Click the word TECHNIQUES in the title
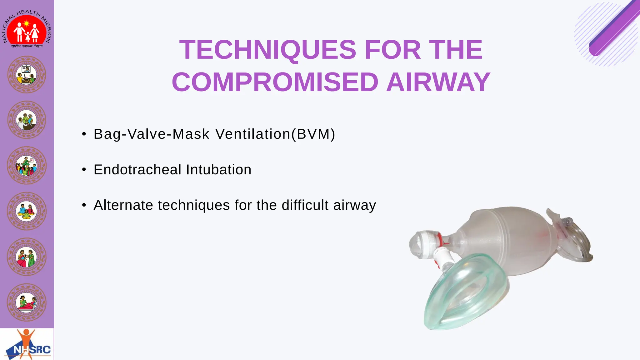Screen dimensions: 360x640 pos(267,50)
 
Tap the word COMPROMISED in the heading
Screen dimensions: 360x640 pos(275,82)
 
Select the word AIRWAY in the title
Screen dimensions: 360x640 pos(438,82)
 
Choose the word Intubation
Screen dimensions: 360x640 pos(219,170)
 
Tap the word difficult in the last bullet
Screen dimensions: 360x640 pos(305,205)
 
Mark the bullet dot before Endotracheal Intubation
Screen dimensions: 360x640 pos(84,170)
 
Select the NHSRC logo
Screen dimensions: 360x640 pos(27,344)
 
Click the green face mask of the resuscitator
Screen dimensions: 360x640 pos(462,297)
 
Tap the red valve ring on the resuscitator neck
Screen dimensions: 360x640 pos(439,239)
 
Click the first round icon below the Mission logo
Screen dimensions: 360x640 pos(27,75)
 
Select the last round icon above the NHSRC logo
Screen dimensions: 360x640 pos(27,302)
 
